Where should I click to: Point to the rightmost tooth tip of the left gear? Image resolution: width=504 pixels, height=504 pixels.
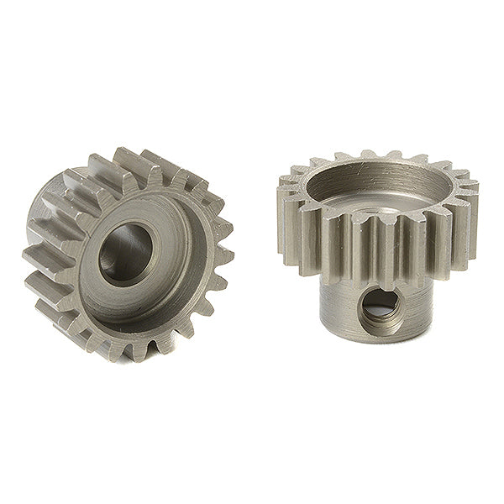(228, 253)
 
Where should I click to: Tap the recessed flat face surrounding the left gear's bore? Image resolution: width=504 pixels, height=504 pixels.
(168, 277)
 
